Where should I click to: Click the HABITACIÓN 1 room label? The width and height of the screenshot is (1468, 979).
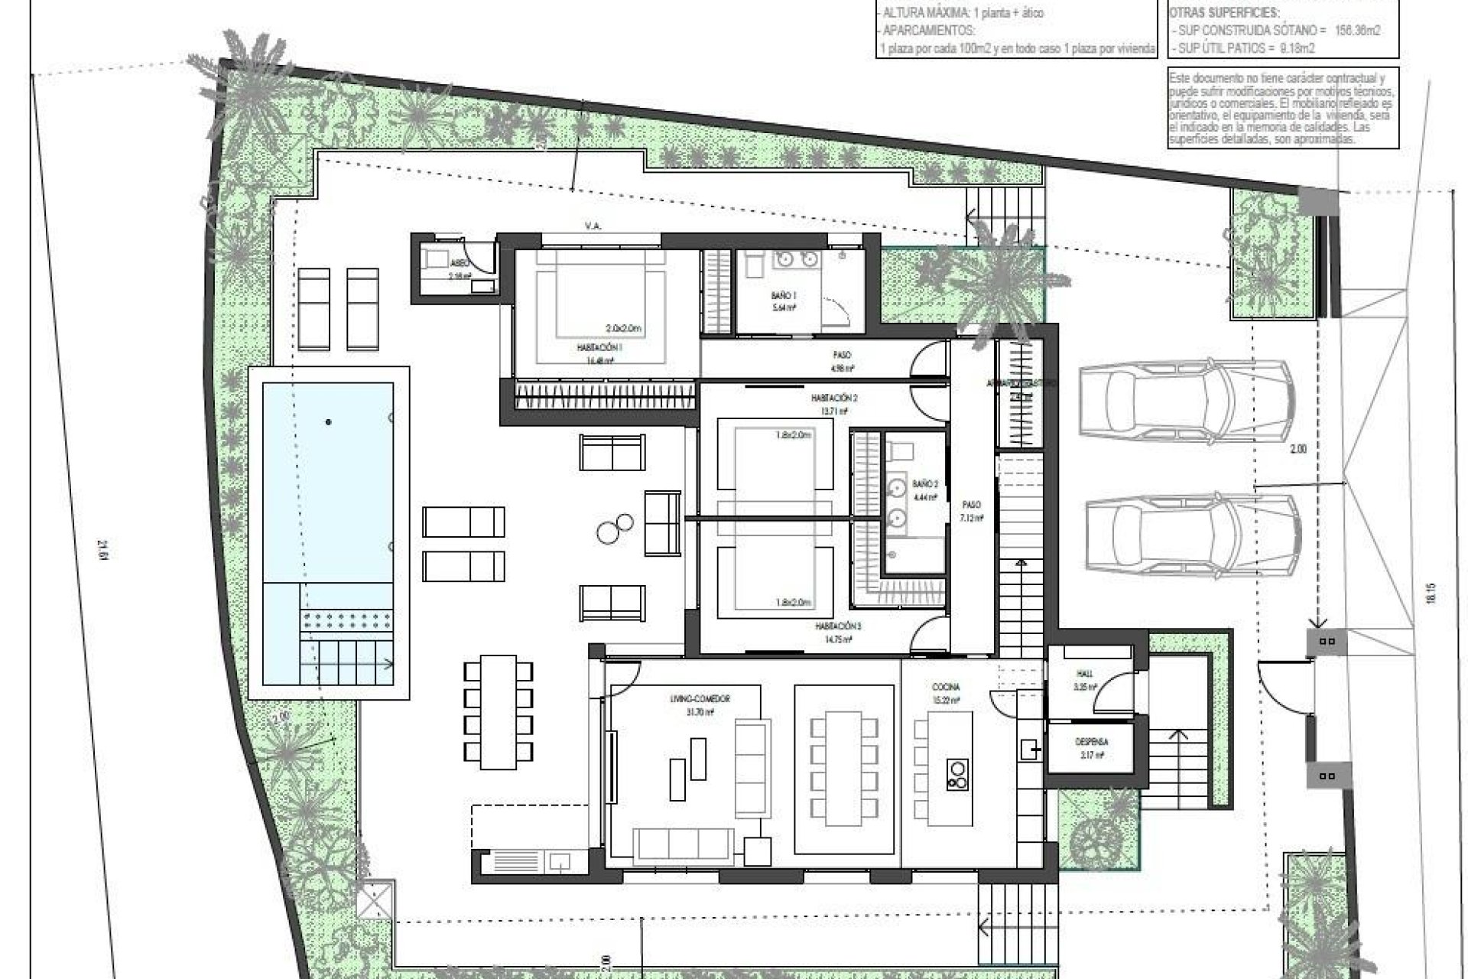(599, 347)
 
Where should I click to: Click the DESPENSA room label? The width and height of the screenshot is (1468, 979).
(1091, 742)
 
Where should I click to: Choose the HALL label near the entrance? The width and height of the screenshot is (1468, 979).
(1084, 674)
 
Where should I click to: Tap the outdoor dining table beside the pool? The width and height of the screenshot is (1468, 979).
(498, 711)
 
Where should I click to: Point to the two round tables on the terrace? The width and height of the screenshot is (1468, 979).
(614, 528)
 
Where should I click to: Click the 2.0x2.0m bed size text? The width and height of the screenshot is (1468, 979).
(623, 328)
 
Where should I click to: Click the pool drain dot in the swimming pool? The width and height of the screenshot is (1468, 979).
(329, 422)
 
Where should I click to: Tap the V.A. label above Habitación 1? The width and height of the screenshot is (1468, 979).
(592, 226)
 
